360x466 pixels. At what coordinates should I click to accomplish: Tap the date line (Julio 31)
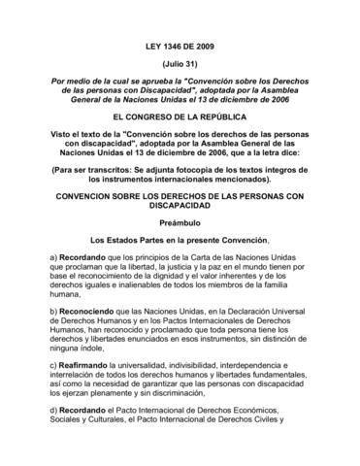(x=180, y=63)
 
